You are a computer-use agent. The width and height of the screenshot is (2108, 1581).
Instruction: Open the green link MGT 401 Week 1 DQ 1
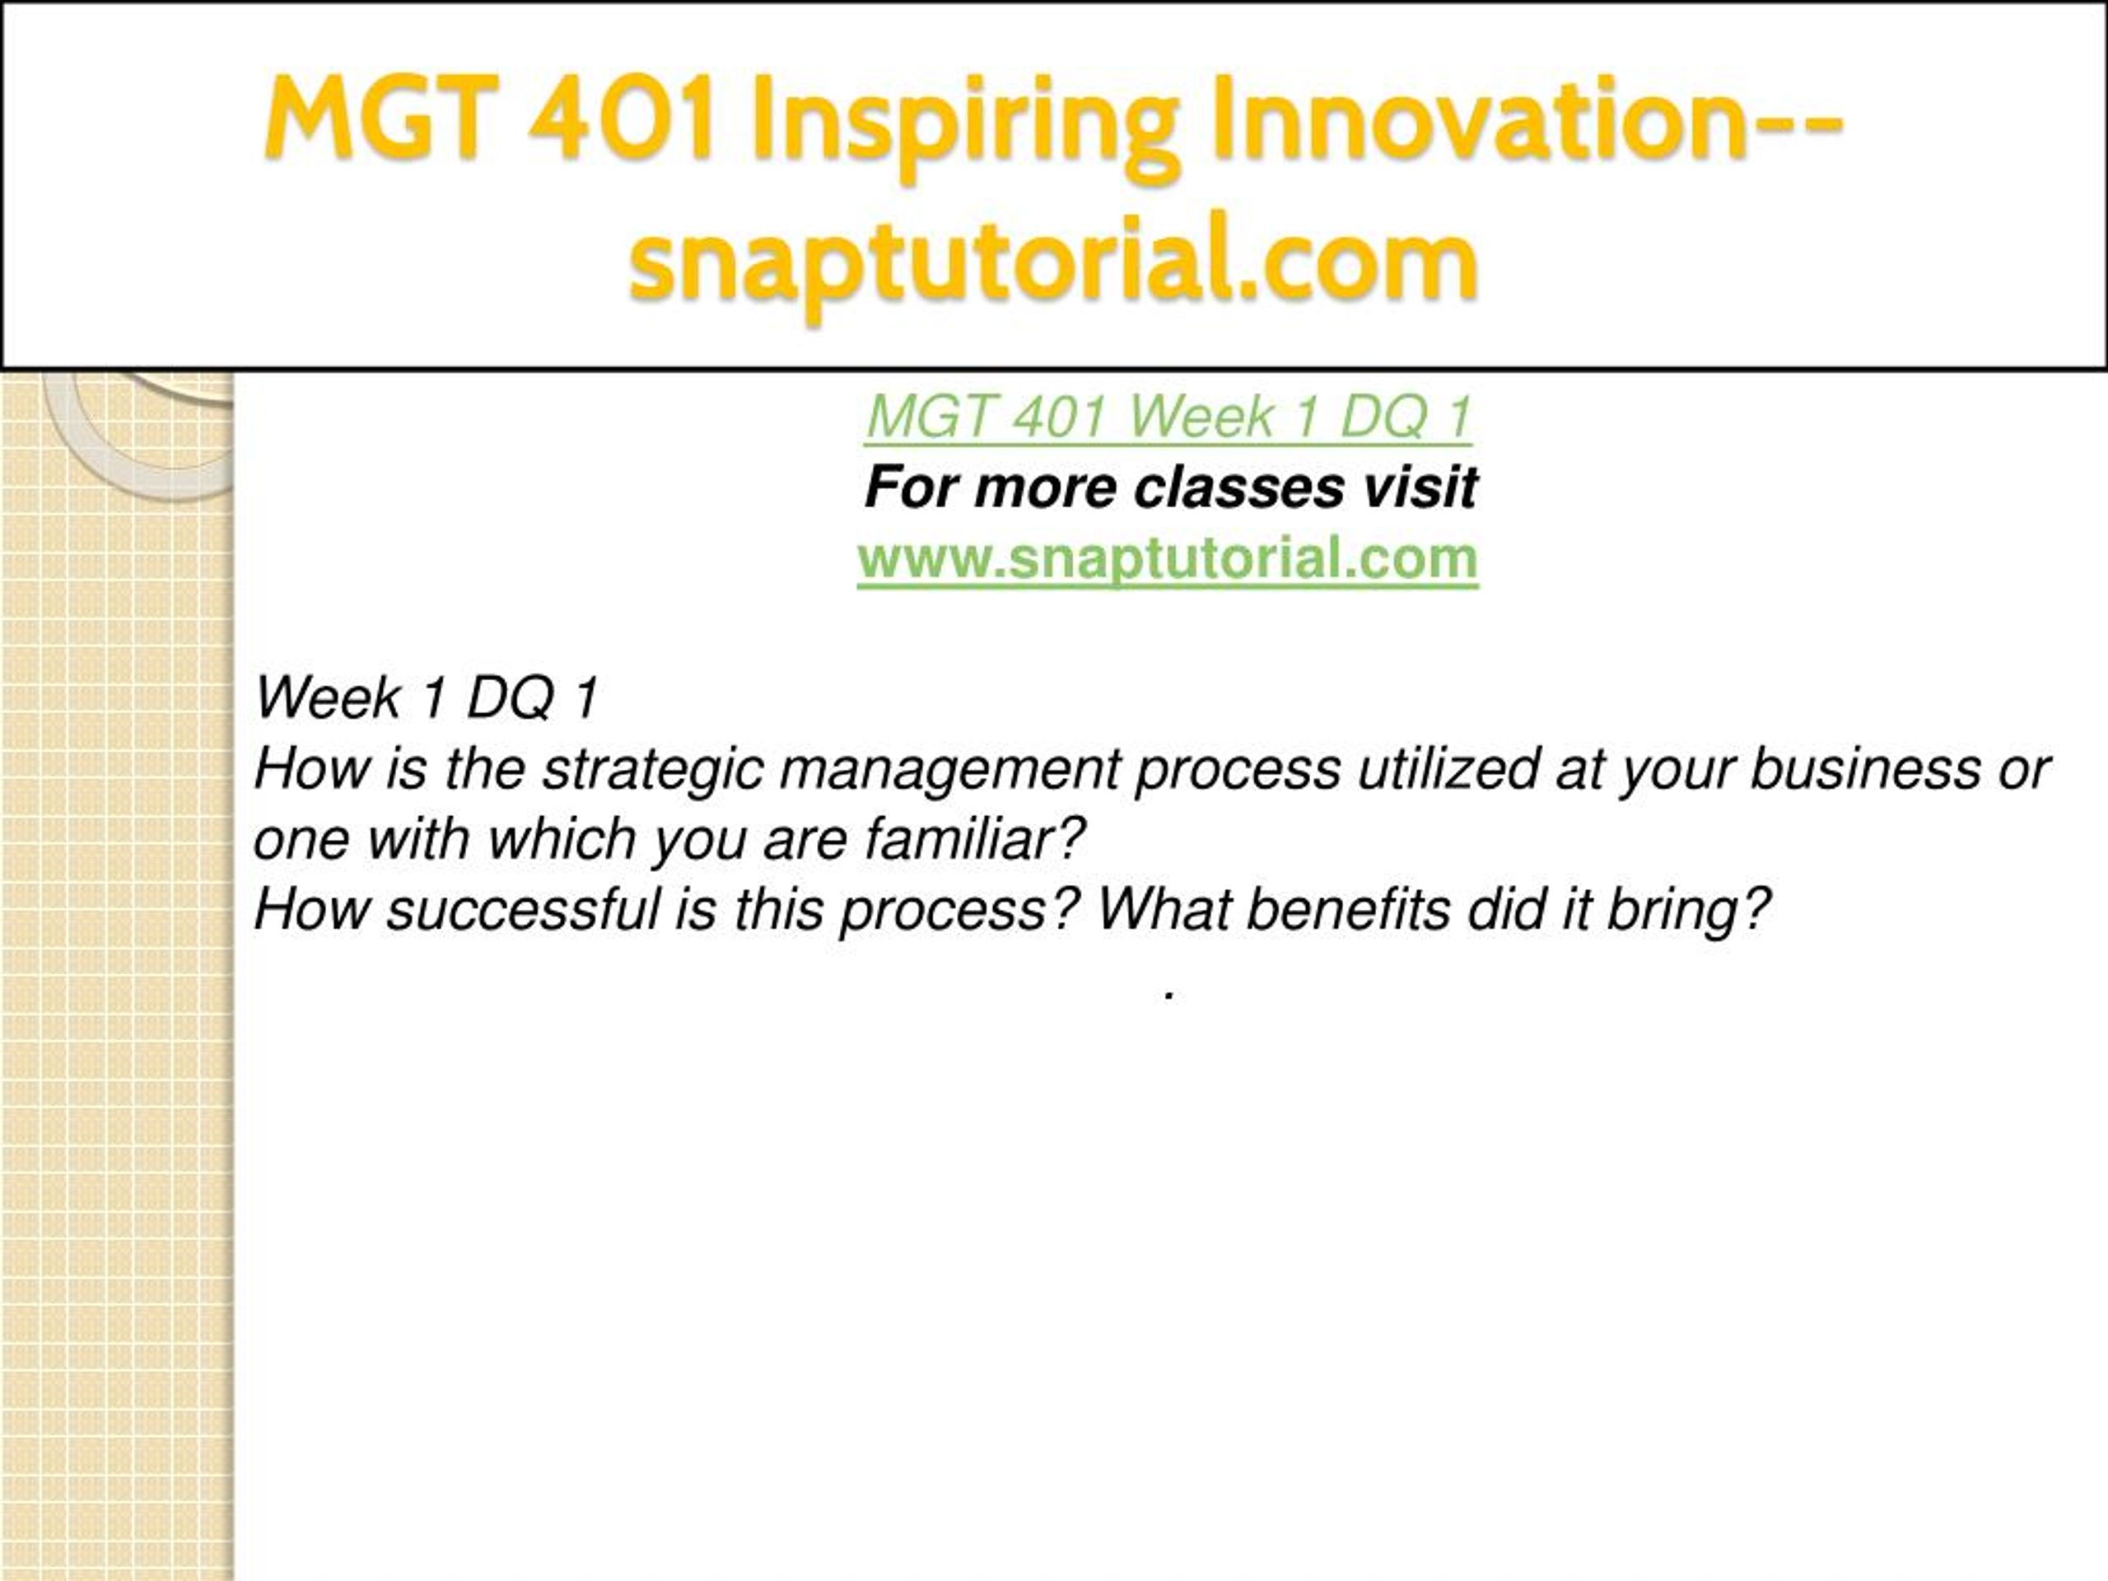click(x=1169, y=417)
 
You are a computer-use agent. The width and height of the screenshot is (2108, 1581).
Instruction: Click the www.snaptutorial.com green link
click(x=1168, y=558)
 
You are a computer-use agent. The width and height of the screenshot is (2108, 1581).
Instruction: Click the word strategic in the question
click(x=653, y=769)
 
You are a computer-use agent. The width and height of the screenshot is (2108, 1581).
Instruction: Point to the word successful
click(x=522, y=910)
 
